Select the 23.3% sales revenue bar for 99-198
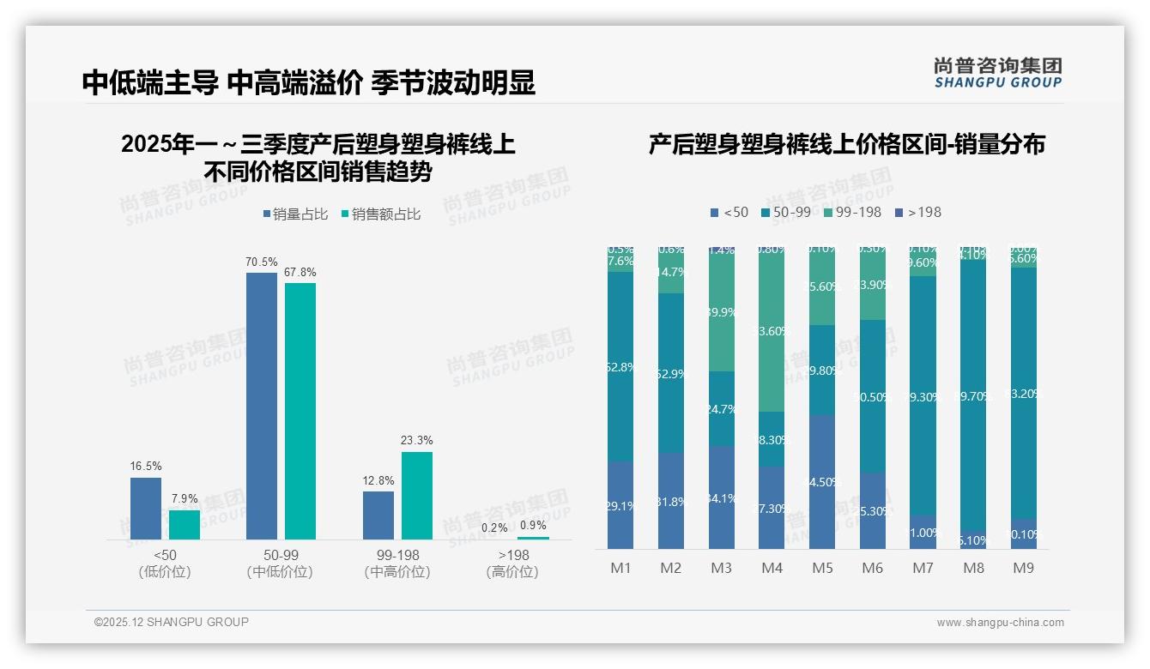point(416,495)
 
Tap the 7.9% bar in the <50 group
point(185,525)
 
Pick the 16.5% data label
point(145,466)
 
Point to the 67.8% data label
point(300,272)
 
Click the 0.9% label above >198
point(533,525)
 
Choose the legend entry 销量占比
point(294,214)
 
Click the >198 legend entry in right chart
point(917,212)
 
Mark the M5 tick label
point(822,569)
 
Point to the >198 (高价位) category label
point(512,564)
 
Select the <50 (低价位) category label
point(165,564)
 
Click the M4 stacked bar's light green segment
point(772,330)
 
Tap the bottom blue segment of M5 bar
point(822,482)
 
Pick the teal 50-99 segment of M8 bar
point(973,396)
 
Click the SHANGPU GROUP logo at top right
point(997,73)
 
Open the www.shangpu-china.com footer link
point(1000,623)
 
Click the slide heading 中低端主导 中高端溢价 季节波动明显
point(309,82)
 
